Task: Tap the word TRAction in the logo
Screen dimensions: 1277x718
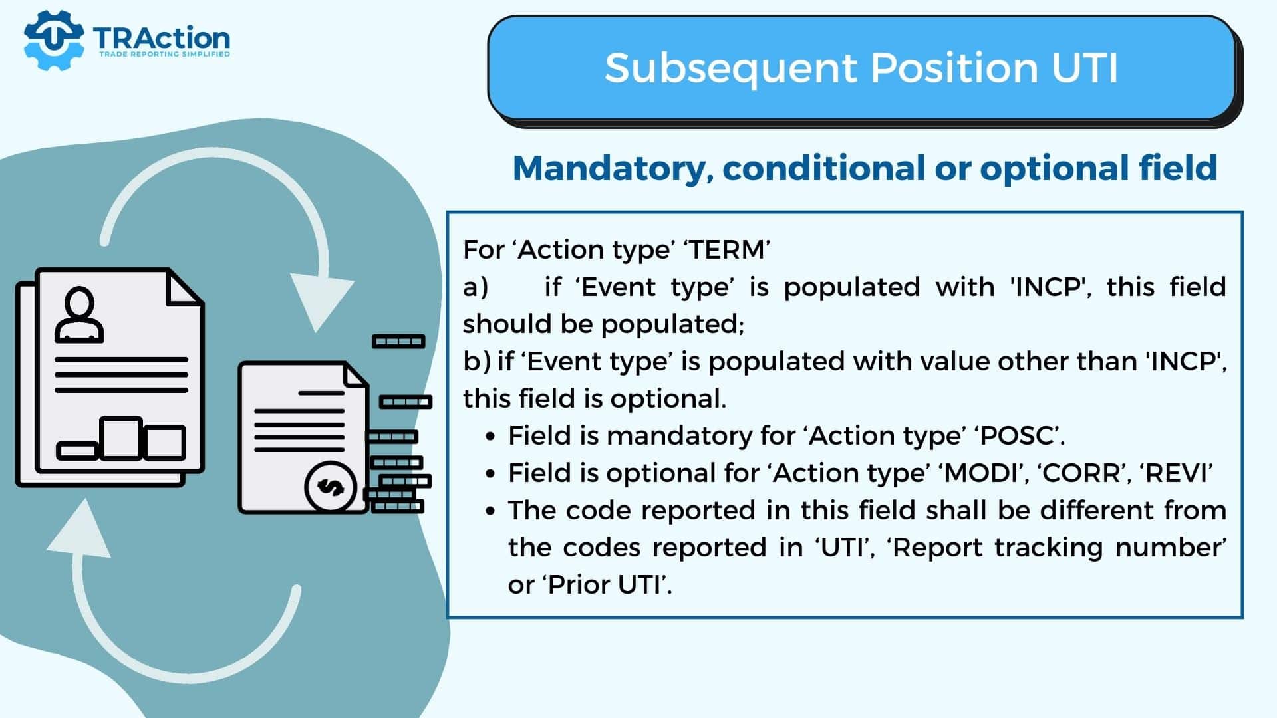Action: pyautogui.click(x=162, y=38)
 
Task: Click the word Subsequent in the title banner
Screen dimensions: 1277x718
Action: pyautogui.click(x=730, y=69)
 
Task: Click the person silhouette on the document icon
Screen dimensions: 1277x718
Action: pyautogui.click(x=79, y=314)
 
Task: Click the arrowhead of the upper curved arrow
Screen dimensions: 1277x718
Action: pyautogui.click(x=321, y=302)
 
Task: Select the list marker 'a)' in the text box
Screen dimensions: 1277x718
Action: pyautogui.click(x=476, y=287)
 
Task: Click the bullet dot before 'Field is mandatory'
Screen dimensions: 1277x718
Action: pyautogui.click(x=491, y=437)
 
